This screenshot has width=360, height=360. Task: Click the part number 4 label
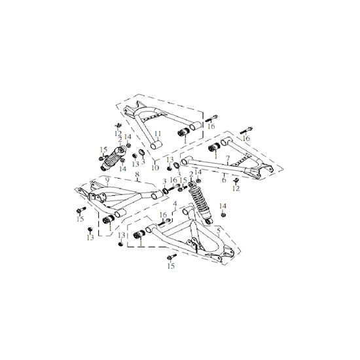coord(175,204)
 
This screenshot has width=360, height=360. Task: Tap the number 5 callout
coord(219,230)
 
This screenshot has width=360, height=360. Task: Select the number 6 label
coord(224,180)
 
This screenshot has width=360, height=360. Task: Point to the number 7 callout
coord(228,158)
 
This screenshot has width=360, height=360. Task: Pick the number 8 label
coord(137,174)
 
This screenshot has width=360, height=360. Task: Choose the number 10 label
coord(155,168)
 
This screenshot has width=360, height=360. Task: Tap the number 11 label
coord(158,134)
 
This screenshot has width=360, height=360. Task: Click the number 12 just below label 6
coord(236,189)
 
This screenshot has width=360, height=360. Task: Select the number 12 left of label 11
coord(118,133)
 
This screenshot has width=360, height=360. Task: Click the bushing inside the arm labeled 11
coord(184,132)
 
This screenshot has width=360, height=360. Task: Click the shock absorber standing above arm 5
coord(200,202)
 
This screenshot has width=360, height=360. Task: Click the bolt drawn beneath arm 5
coord(172,257)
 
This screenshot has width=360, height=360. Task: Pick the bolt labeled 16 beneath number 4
coord(164,223)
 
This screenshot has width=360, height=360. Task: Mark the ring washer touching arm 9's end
coord(165,190)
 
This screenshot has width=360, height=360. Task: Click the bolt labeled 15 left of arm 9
coord(81,209)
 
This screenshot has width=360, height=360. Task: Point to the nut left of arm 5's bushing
coord(120,244)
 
